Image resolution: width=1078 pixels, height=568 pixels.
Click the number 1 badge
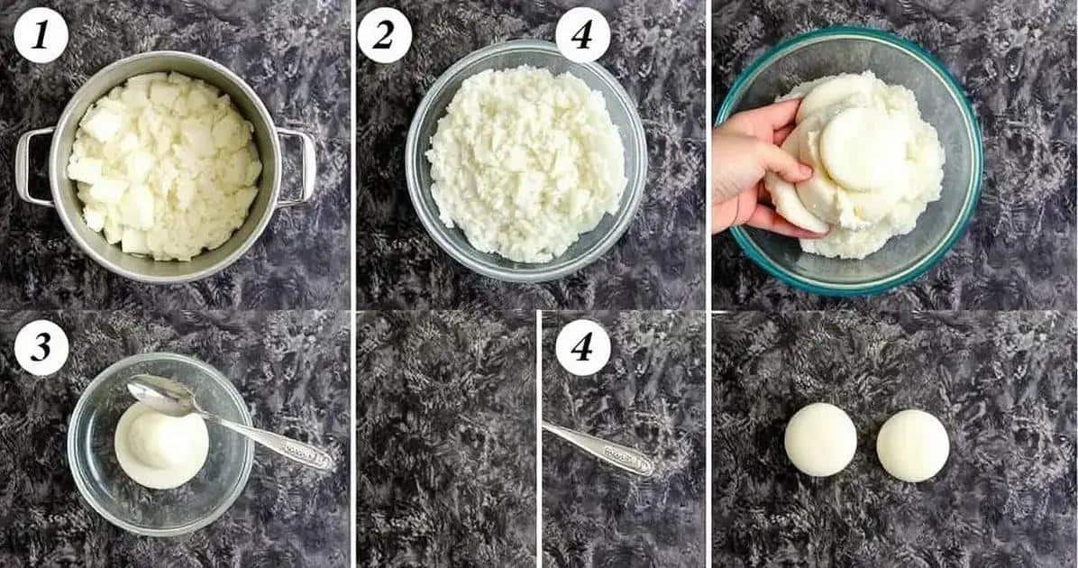[x=41, y=36]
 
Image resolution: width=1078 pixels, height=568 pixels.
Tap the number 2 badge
[x=384, y=36]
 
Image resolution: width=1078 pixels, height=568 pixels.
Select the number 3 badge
[x=41, y=347]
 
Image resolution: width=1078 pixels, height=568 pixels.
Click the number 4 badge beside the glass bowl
[x=582, y=36]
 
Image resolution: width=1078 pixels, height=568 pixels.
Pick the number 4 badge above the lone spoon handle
[x=582, y=347]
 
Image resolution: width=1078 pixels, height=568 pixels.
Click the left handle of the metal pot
[x=32, y=167]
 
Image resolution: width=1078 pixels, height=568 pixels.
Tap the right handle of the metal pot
[x=297, y=167]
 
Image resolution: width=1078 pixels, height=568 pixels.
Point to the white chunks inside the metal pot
[x=164, y=165]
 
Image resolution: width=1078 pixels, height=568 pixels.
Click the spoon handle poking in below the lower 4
[x=598, y=448]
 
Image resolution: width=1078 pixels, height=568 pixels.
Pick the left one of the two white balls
[x=820, y=439]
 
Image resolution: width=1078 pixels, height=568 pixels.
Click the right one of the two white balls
[x=913, y=445]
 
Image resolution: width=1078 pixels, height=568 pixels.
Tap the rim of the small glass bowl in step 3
[x=160, y=355]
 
